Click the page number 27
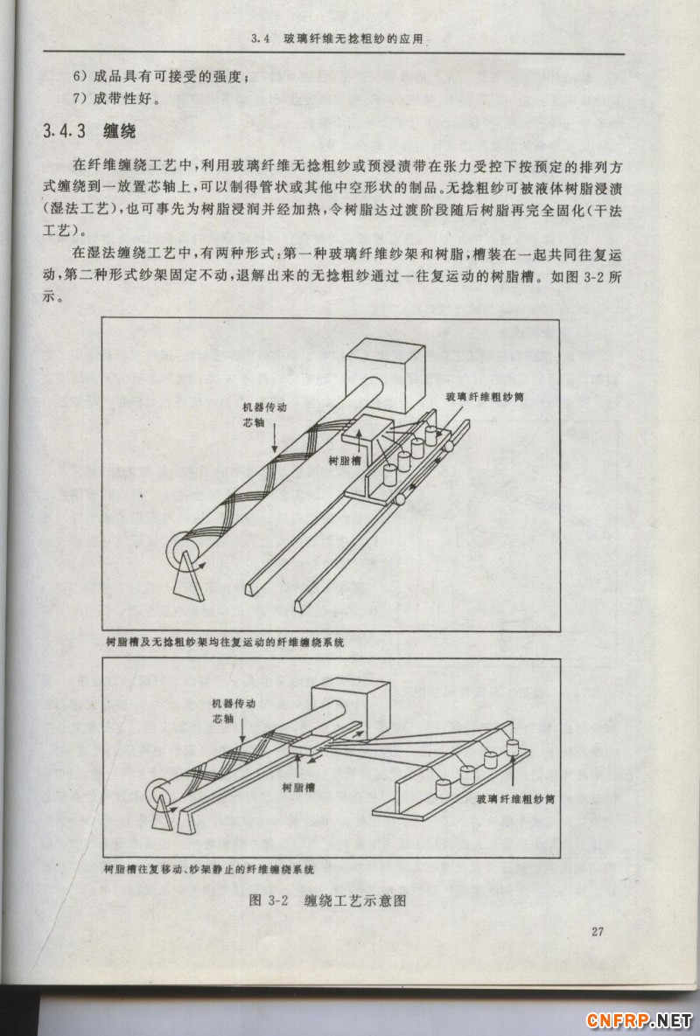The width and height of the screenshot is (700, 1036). [x=598, y=931]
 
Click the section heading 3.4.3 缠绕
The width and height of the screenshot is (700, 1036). [x=89, y=132]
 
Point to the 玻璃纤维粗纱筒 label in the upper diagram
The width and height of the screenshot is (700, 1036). [x=486, y=396]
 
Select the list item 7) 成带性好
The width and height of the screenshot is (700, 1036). [x=116, y=97]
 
